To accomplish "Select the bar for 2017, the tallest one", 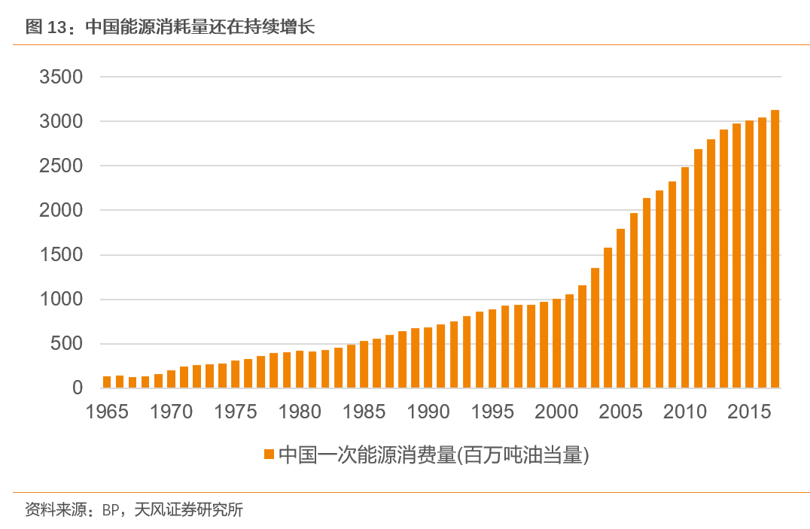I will tap(775, 249).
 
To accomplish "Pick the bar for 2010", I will tap(685, 278).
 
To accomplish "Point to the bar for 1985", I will tap(364, 365).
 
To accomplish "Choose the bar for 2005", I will tap(620, 309).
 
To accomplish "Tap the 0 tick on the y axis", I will tap(77, 388).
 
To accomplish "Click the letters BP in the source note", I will tap(111, 510).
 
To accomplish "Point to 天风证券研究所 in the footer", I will tap(188, 510).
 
